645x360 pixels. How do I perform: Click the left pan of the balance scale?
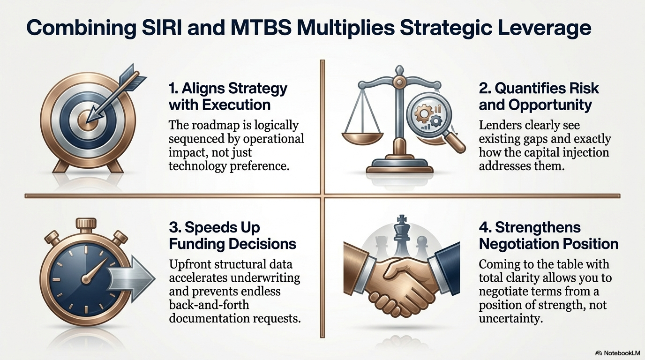point(362,138)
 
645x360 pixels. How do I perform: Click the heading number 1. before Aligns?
point(173,89)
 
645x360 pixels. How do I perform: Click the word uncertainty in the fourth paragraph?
point(510,319)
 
